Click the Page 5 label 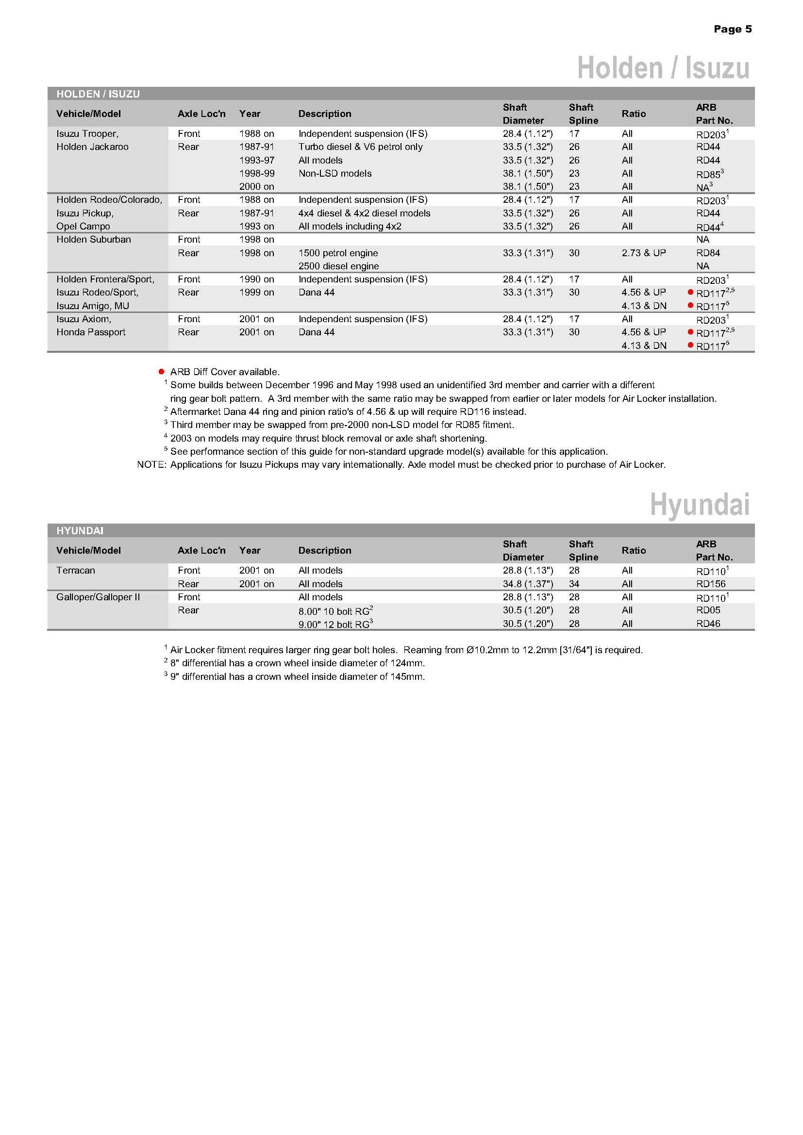(732, 29)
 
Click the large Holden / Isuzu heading (663, 68)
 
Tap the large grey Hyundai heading (699, 505)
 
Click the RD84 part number (707, 253)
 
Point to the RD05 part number (708, 610)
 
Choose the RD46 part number (708, 624)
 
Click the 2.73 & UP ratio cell (643, 253)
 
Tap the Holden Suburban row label (93, 240)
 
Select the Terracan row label (75, 571)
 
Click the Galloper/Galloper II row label (98, 597)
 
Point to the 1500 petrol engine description (338, 253)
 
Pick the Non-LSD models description (335, 174)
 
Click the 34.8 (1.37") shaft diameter (528, 584)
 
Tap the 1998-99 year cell (257, 174)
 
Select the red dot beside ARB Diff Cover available (161, 372)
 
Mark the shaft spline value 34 (573, 584)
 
